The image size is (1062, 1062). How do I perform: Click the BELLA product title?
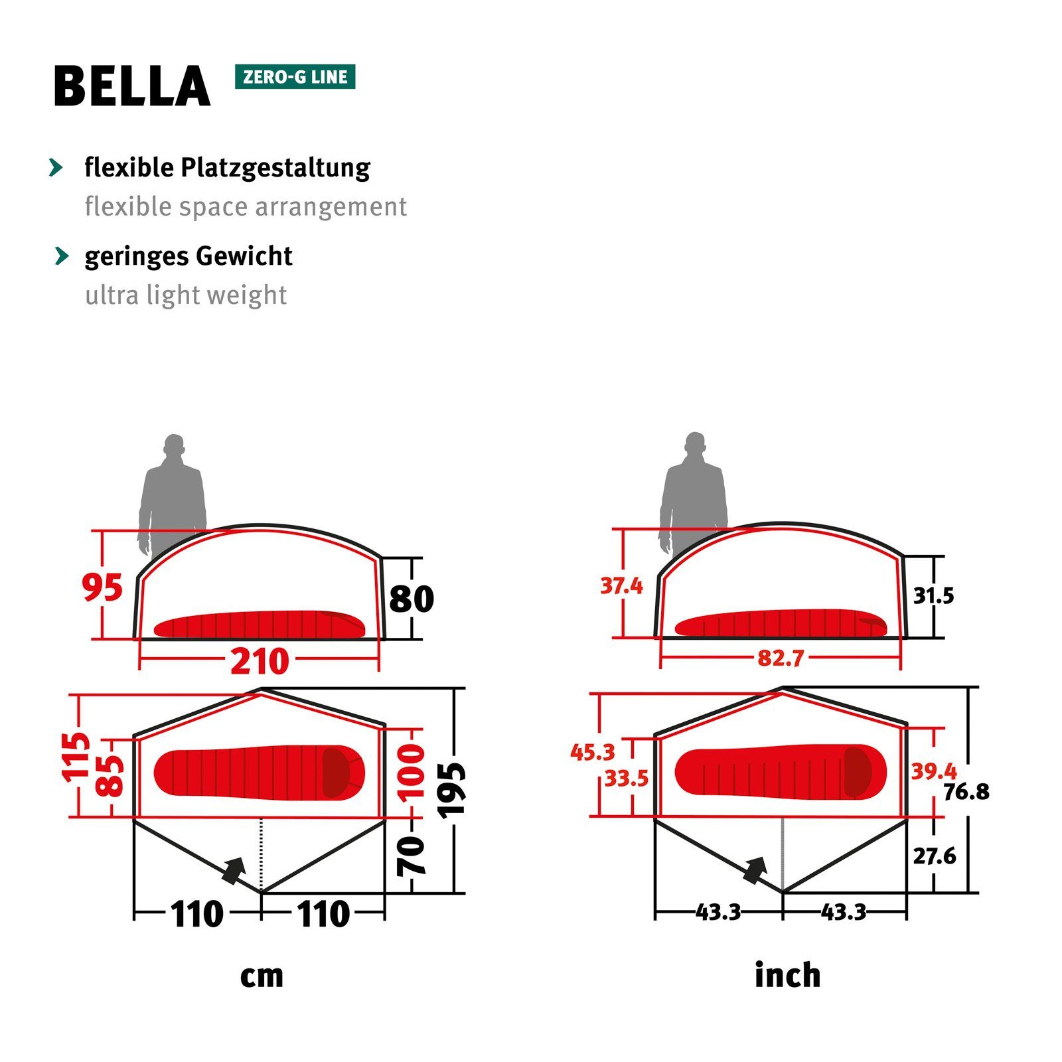131,86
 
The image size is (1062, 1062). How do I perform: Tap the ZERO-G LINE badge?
295,77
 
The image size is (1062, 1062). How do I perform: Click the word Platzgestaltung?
275,168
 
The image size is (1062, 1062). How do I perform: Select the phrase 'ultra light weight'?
186,295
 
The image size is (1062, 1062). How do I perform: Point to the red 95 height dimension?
102,587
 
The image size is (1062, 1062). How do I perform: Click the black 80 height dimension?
412,599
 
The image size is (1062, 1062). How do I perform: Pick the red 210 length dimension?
260,661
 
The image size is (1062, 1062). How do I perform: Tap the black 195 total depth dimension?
452,789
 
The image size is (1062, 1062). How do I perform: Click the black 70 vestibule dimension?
412,856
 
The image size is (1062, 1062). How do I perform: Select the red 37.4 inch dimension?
621,586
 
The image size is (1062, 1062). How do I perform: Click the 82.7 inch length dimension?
781,658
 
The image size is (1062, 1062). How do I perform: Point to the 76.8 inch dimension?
966,791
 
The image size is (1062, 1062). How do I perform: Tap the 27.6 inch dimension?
934,856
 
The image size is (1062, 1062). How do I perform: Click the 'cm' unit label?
262,976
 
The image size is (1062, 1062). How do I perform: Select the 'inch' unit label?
787,975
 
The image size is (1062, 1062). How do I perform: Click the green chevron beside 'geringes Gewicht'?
62,256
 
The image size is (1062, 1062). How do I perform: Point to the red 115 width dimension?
76,756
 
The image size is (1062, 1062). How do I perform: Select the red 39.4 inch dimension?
933,771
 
